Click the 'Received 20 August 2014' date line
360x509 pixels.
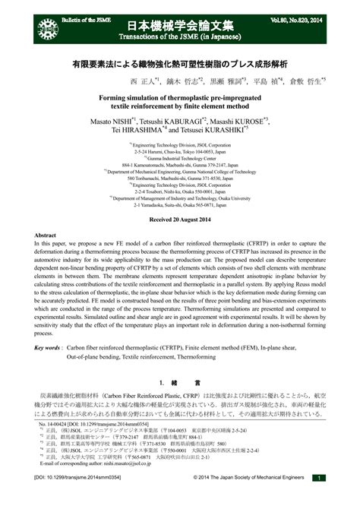pos(179,219)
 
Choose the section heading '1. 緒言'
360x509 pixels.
pos(179,382)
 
